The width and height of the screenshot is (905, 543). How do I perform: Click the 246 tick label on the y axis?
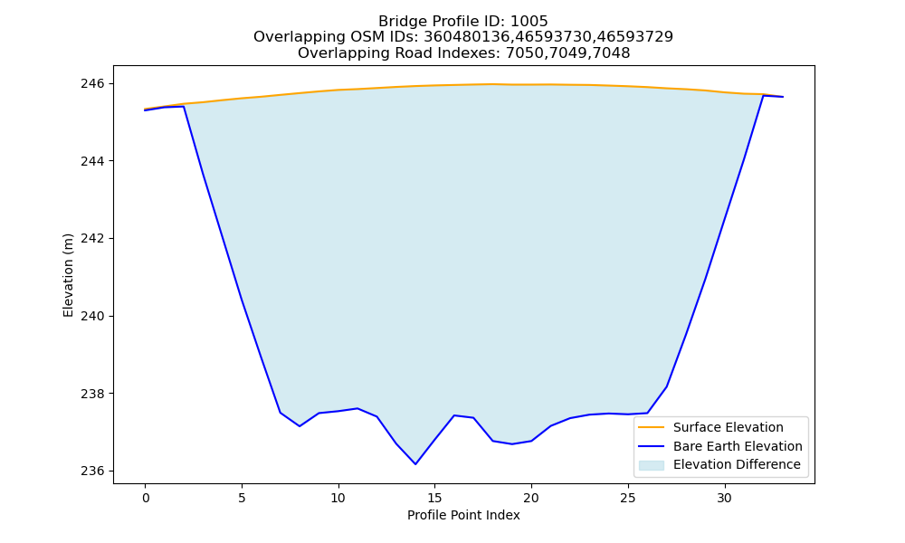click(x=92, y=83)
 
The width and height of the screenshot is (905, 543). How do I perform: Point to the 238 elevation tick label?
click(x=92, y=394)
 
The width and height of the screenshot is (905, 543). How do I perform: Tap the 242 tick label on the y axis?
click(x=92, y=238)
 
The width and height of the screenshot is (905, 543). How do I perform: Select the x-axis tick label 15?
click(x=434, y=498)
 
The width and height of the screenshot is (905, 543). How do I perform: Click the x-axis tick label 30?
click(x=724, y=498)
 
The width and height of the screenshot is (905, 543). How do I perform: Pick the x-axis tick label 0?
click(x=146, y=498)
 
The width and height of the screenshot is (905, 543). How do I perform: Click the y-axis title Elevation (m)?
click(x=68, y=275)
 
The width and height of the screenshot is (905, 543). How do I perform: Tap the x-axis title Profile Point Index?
click(x=463, y=515)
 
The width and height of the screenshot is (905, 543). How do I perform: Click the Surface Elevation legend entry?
click(x=729, y=427)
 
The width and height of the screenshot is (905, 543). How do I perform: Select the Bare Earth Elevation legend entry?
click(x=738, y=446)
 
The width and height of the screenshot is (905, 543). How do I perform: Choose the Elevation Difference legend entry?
click(x=737, y=464)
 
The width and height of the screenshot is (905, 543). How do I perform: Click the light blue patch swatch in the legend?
click(x=651, y=465)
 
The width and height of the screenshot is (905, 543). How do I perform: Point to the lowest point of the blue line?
click(x=415, y=464)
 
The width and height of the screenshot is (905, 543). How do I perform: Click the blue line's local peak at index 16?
click(x=453, y=415)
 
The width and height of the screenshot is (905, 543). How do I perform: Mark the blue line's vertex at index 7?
click(x=280, y=413)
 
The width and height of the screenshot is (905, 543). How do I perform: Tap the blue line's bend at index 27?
click(x=667, y=386)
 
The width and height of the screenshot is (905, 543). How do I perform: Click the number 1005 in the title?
click(x=529, y=22)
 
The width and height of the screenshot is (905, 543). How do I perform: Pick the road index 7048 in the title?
click(x=611, y=53)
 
